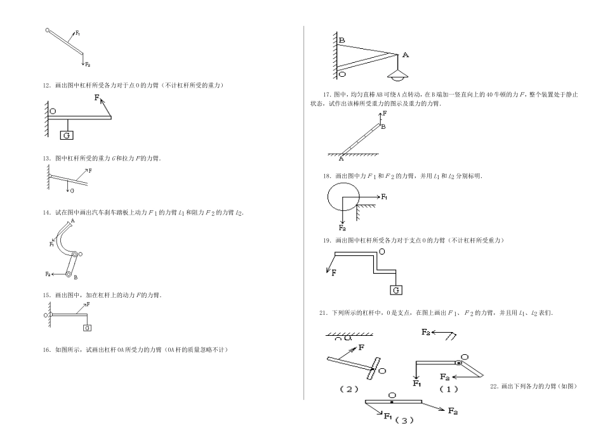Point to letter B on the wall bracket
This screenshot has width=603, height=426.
[341, 40]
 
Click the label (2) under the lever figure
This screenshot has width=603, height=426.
[350, 389]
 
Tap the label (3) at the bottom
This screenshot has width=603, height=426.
[404, 419]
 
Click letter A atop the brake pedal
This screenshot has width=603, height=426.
[73, 220]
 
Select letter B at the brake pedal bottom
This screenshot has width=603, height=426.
[76, 277]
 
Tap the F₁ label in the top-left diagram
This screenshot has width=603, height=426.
[77, 33]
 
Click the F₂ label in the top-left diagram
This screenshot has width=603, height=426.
[88, 65]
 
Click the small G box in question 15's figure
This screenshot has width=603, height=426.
[87, 328]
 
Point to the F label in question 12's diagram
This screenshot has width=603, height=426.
[97, 98]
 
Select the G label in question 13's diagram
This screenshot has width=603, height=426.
[72, 190]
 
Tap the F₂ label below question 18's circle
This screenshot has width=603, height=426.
[342, 227]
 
